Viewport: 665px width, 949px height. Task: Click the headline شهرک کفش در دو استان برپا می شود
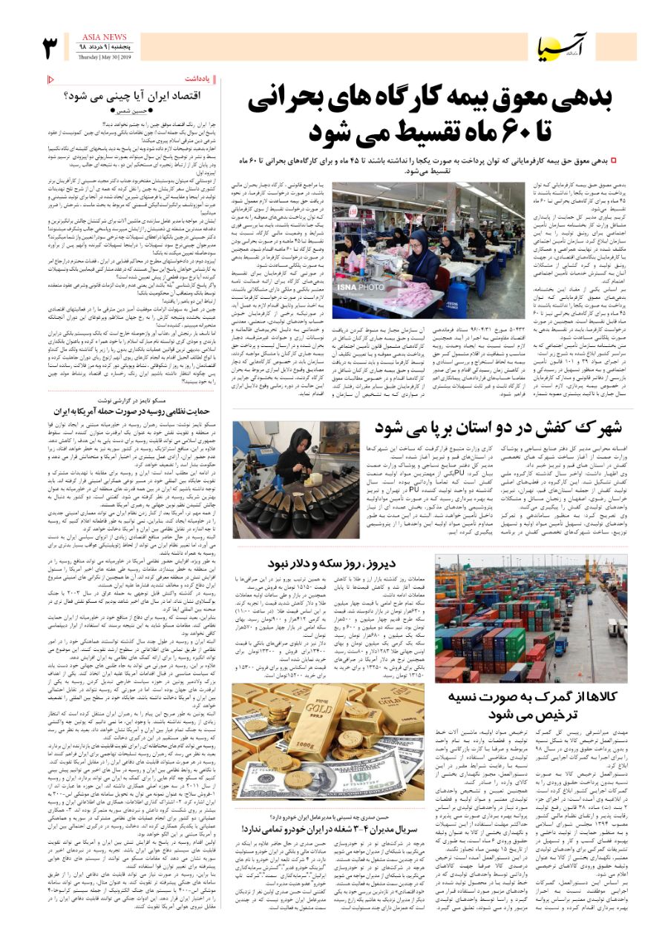coord(505,428)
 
